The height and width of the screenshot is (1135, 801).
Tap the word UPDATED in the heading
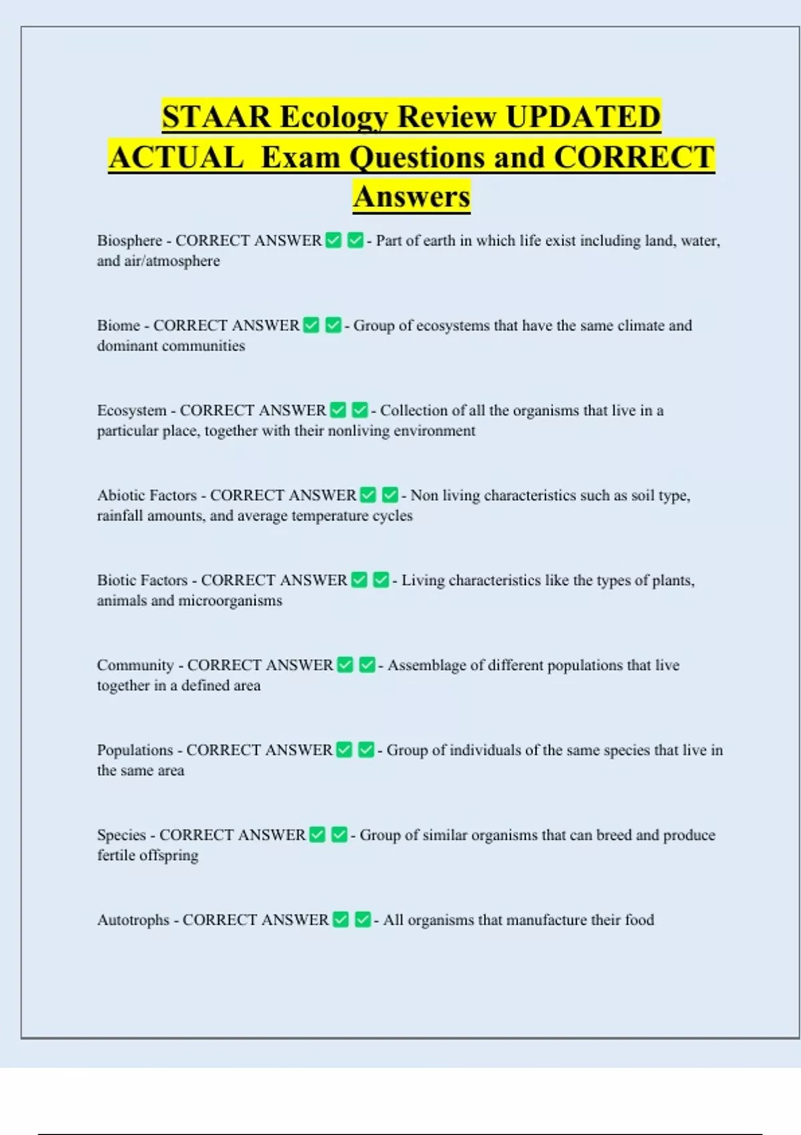pyautogui.click(x=583, y=117)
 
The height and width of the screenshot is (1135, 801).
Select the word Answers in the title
pyautogui.click(x=412, y=196)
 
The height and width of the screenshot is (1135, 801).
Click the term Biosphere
pyautogui.click(x=129, y=240)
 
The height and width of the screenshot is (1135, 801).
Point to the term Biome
pyautogui.click(x=118, y=325)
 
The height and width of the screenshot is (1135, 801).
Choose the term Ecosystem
pyautogui.click(x=131, y=410)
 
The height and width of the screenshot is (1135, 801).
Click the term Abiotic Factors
pyautogui.click(x=147, y=495)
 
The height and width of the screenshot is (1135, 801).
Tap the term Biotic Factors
pyautogui.click(x=142, y=580)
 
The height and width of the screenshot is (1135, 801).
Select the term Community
pyautogui.click(x=135, y=665)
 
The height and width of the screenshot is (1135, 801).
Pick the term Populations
pyautogui.click(x=135, y=750)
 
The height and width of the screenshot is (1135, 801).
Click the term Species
pyautogui.click(x=121, y=835)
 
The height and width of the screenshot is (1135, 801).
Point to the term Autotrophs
pyautogui.click(x=133, y=919)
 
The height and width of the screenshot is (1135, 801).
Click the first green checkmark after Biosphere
pyautogui.click(x=333, y=240)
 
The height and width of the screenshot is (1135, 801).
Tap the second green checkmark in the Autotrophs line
pyautogui.click(x=362, y=919)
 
